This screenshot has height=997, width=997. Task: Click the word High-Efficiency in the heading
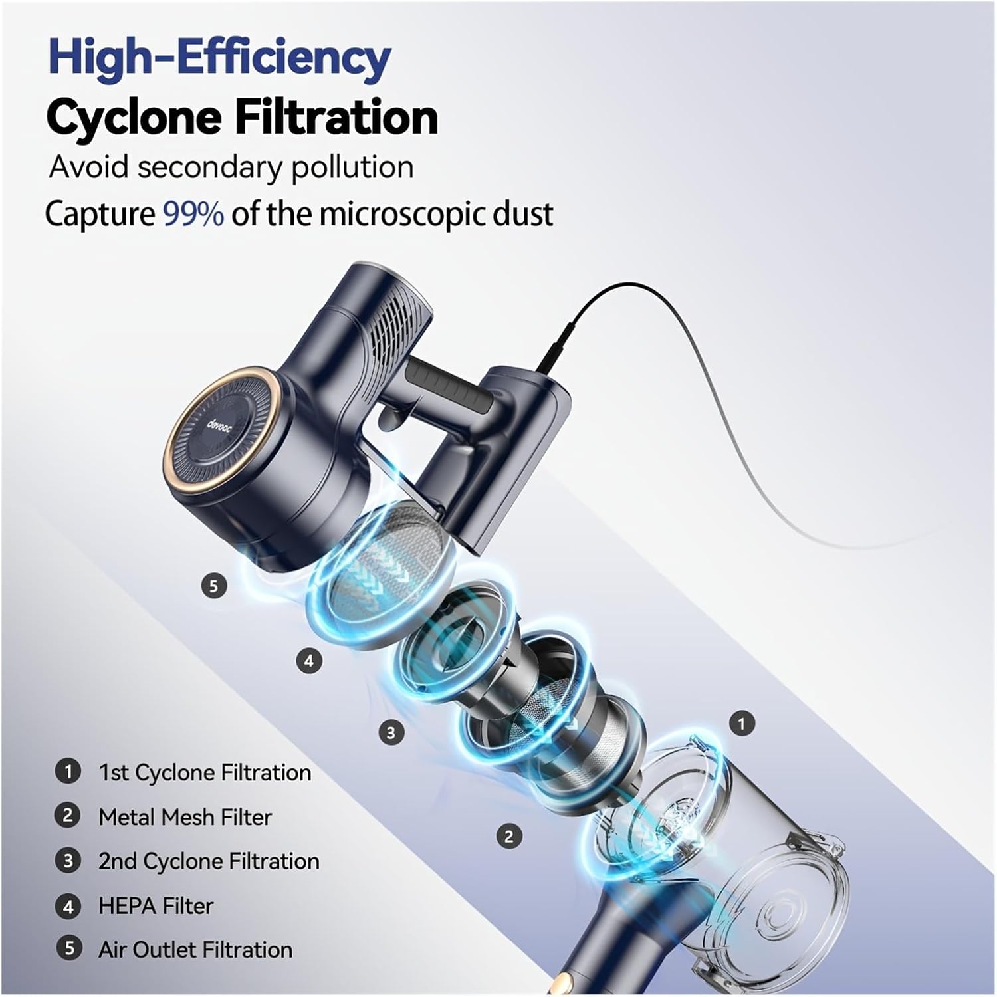click(219, 58)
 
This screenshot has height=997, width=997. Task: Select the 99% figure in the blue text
click(193, 214)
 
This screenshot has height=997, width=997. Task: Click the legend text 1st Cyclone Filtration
click(205, 772)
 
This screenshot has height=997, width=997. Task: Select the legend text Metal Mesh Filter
click(185, 817)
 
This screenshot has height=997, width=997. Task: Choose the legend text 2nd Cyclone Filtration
click(209, 861)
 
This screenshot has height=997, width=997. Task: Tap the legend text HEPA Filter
click(156, 906)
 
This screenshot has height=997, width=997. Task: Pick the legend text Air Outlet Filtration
click(195, 950)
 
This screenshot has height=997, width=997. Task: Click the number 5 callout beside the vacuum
click(213, 586)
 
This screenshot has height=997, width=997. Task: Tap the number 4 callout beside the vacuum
click(308, 661)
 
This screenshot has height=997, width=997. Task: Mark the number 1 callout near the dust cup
click(742, 723)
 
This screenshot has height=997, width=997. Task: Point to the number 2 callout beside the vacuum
click(509, 836)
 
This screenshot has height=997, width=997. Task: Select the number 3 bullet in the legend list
click(68, 861)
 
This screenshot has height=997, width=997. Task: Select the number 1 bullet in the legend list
click(68, 772)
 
